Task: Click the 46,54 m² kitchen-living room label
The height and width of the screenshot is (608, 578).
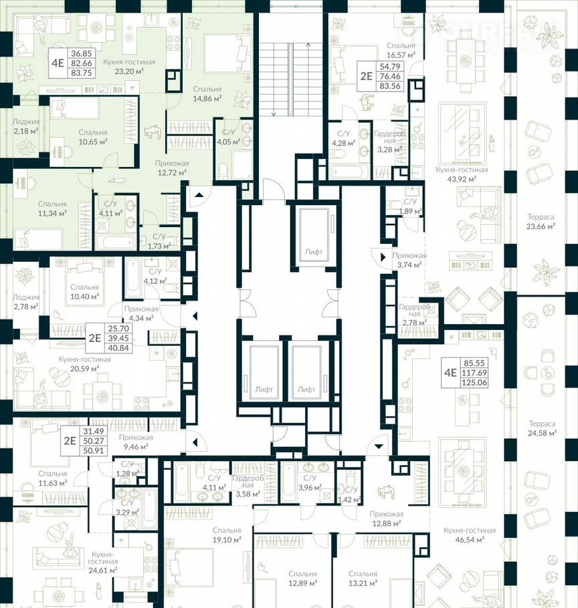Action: point(470,536)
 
